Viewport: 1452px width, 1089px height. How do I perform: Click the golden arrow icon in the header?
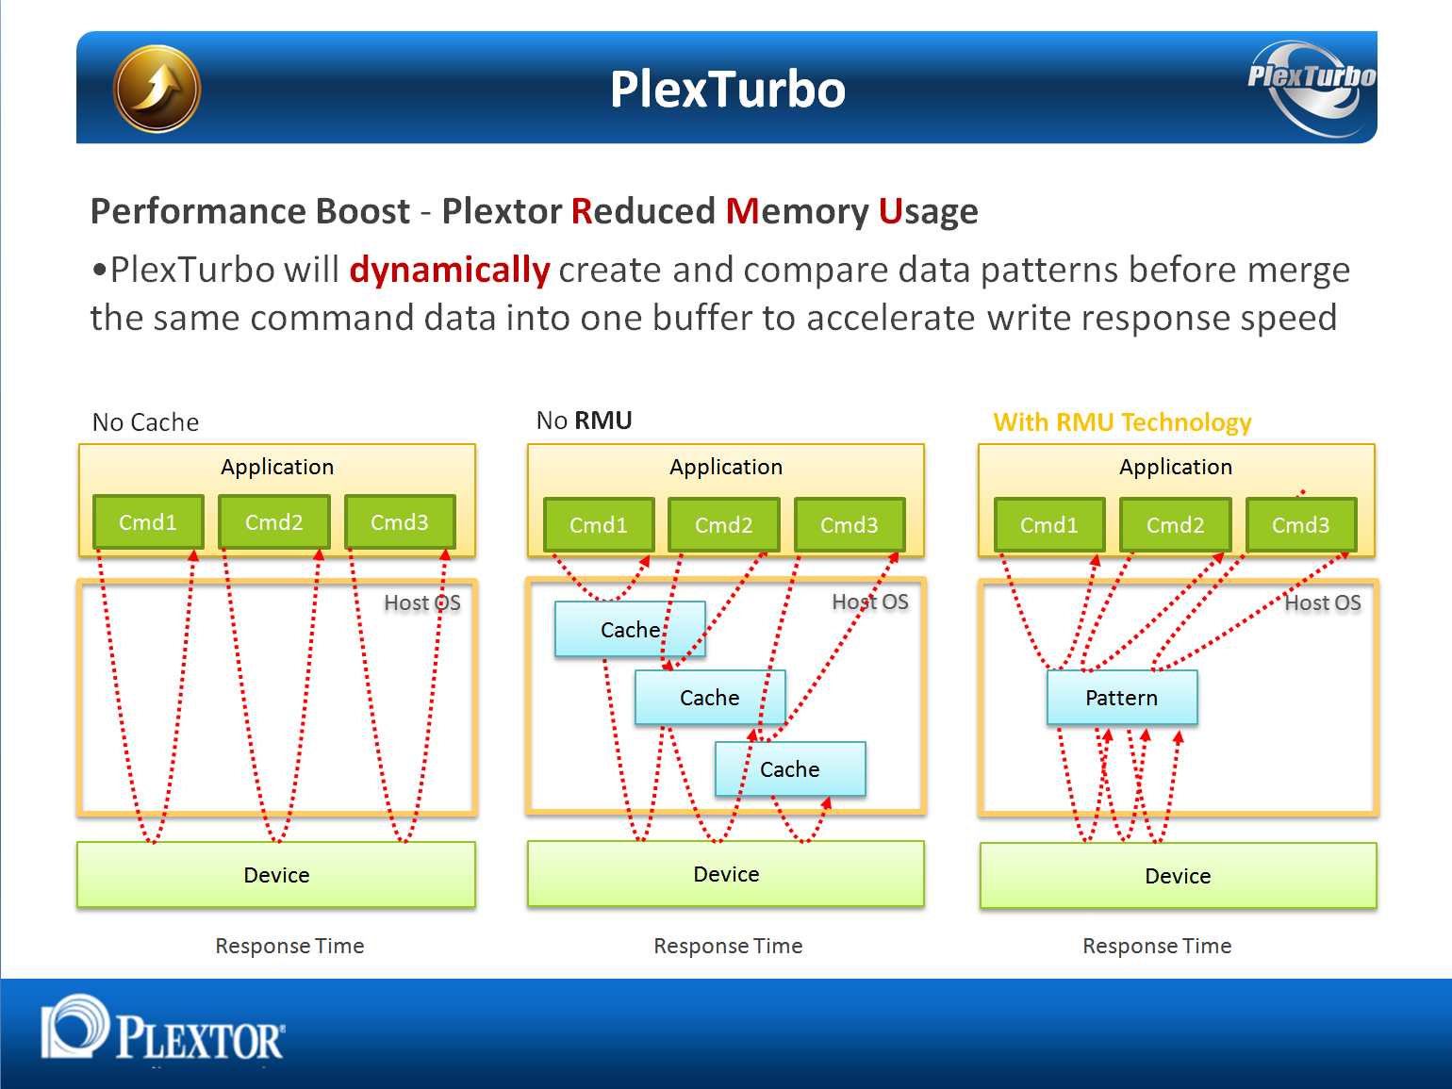coord(157,89)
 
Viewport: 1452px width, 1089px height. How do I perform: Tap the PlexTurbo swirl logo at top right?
coord(1312,88)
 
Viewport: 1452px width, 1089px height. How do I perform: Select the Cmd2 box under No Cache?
coord(273,521)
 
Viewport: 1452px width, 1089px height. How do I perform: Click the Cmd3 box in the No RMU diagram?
coord(850,524)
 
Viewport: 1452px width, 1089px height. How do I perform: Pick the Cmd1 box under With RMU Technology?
coord(1049,524)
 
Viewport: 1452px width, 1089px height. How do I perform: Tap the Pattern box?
coord(1122,698)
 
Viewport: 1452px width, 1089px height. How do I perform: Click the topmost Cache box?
coord(630,629)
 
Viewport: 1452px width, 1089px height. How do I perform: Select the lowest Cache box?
coord(790,769)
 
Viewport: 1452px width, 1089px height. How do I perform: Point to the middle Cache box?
coord(710,698)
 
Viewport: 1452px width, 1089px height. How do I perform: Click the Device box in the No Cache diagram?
coord(276,874)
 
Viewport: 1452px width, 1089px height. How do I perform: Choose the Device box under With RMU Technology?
coord(1179,875)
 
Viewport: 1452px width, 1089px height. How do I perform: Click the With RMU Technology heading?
coord(1122,422)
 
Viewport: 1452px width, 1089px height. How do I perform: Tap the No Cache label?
coord(145,422)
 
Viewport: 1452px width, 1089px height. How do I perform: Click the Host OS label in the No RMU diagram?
coord(870,602)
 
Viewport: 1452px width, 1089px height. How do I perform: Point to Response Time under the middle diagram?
coord(728,946)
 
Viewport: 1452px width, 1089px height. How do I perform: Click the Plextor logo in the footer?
coord(163,1028)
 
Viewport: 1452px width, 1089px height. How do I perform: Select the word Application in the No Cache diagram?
coord(277,467)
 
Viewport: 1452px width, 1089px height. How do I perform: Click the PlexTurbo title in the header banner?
coord(728,89)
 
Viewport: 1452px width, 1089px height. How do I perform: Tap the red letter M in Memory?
coord(741,211)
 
